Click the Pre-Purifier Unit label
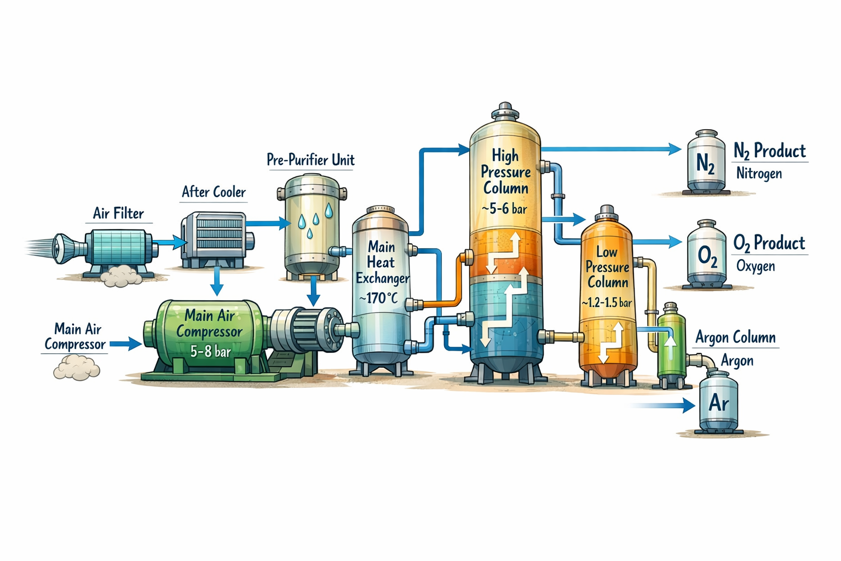point(310,160)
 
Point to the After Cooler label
point(214,192)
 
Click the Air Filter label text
point(118,214)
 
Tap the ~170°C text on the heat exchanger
point(378,299)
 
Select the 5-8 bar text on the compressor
point(211,351)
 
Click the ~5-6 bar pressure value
point(504,209)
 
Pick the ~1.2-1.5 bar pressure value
point(607,302)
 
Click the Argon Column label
point(735,337)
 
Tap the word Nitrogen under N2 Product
point(759,174)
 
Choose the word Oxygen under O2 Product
point(756,266)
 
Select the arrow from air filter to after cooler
point(170,242)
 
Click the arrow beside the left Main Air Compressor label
point(126,344)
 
